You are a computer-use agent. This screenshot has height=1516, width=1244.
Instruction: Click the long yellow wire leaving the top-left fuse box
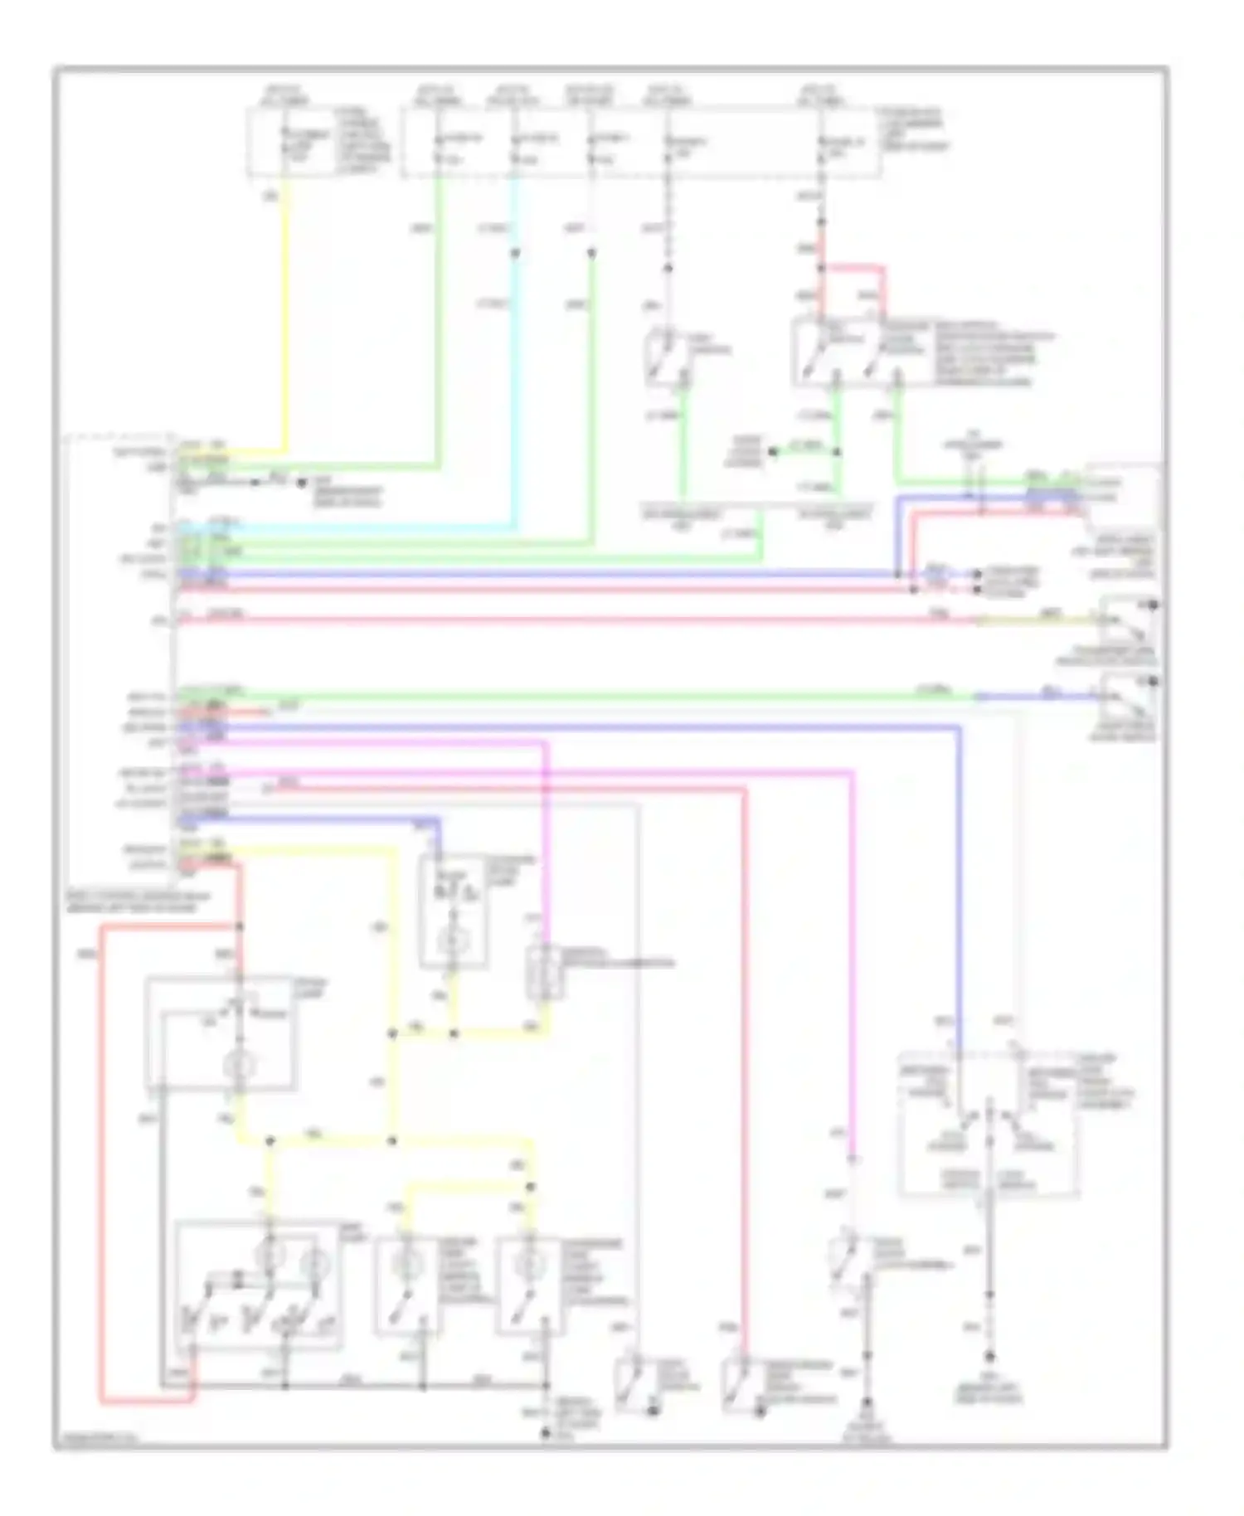pos(287,315)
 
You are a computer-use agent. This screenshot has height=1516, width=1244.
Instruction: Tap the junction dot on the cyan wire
pos(514,252)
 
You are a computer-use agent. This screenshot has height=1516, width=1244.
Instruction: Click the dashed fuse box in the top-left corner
pos(319,143)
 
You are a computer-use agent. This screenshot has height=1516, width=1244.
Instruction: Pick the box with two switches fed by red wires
pos(858,352)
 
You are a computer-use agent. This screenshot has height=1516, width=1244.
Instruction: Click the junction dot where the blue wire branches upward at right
pos(897,574)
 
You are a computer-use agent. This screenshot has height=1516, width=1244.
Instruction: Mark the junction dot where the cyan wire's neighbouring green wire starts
pos(591,252)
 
